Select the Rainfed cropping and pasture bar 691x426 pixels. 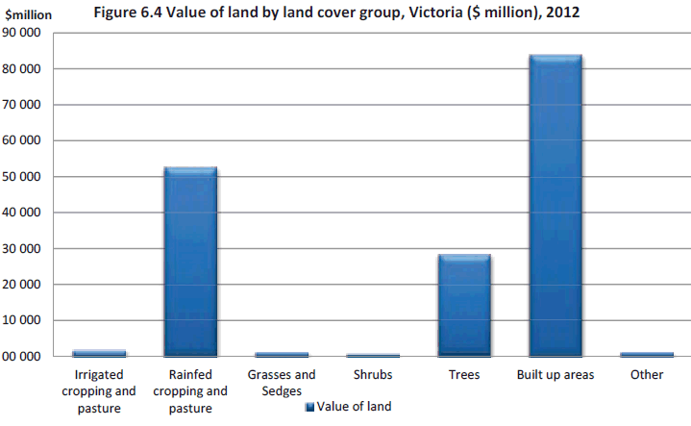pos(190,262)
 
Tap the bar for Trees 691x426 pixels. pos(464,305)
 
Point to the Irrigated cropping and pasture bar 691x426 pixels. pos(99,353)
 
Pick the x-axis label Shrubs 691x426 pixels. pos(373,374)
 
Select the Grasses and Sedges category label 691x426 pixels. pos(282,382)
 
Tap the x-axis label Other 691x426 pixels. pos(647,374)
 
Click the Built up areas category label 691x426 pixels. pos(555,374)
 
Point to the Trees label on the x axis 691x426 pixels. pos(464,374)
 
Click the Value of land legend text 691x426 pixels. pos(355,407)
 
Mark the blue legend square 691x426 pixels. pos(309,408)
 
